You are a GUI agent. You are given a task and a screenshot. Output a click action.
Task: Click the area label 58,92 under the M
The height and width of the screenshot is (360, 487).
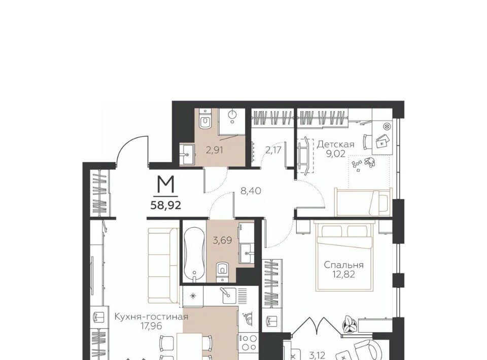[x=165, y=205]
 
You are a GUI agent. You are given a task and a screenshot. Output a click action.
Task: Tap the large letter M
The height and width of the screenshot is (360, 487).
[x=165, y=186]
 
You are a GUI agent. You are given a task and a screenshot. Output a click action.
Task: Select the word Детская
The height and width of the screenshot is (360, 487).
[x=335, y=145]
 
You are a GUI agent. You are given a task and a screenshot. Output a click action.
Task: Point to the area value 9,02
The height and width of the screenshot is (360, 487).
[x=335, y=154]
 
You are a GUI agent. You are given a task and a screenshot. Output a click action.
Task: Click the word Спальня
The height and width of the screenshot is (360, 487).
[x=343, y=265]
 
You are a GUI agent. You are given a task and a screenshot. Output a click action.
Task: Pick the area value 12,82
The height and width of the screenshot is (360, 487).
[x=343, y=275]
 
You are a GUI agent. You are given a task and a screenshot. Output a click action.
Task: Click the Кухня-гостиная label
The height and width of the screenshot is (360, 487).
[x=151, y=317]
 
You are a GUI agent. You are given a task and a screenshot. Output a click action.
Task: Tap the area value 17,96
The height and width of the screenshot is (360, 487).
[x=152, y=326]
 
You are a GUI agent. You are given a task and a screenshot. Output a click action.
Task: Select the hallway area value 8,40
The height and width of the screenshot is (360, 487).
[x=251, y=191]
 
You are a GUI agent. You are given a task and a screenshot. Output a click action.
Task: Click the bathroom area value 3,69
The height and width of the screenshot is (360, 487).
[x=222, y=240]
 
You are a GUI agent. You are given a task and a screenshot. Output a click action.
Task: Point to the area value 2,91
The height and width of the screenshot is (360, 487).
[x=215, y=150]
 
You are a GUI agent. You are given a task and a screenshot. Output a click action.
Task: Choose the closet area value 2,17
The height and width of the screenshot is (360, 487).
[x=273, y=150]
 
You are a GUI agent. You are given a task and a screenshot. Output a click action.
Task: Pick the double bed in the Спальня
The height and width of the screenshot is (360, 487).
[x=344, y=256]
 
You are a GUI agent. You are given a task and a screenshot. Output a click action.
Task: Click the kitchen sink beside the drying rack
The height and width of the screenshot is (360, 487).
[x=229, y=295]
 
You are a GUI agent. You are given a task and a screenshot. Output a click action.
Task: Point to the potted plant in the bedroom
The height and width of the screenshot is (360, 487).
[x=349, y=325]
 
